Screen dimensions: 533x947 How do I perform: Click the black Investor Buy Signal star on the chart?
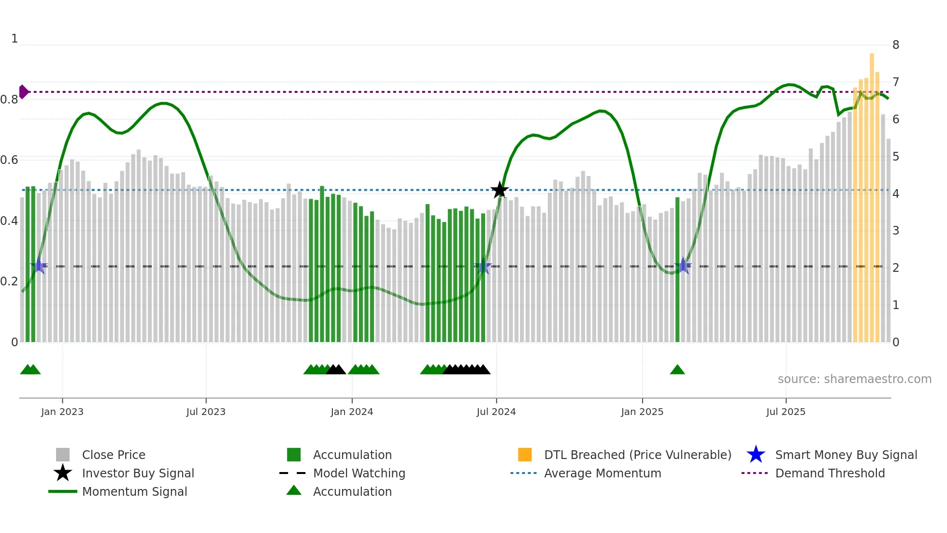pyautogui.click(x=500, y=190)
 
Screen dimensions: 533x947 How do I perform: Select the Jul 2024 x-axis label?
pyautogui.click(x=496, y=412)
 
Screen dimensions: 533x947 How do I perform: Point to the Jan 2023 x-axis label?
pyautogui.click(x=62, y=412)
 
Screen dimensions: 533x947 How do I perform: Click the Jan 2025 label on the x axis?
pyautogui.click(x=642, y=412)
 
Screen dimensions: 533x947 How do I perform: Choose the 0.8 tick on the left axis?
pyautogui.click(x=10, y=100)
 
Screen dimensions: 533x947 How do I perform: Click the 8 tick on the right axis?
pyautogui.click(x=896, y=45)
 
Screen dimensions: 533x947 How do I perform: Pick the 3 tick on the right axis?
pyautogui.click(x=896, y=231)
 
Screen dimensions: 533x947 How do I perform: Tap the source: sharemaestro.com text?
pyautogui.click(x=854, y=379)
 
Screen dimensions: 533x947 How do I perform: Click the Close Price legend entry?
pyautogui.click(x=114, y=455)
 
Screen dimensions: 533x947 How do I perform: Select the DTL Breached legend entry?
pyautogui.click(x=637, y=455)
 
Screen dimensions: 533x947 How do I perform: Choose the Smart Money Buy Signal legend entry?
pyautogui.click(x=846, y=455)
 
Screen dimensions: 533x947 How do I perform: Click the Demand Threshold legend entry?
pyautogui.click(x=830, y=473)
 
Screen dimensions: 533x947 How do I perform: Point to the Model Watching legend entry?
pyautogui.click(x=359, y=473)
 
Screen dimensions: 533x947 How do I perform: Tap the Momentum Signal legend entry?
pyautogui.click(x=134, y=491)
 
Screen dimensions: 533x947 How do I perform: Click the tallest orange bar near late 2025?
pyautogui.click(x=872, y=193)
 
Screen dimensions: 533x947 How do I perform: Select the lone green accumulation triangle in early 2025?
pyautogui.click(x=677, y=370)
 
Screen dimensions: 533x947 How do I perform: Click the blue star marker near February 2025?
pyautogui.click(x=683, y=266)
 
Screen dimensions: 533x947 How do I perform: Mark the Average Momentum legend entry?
pyautogui.click(x=603, y=473)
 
